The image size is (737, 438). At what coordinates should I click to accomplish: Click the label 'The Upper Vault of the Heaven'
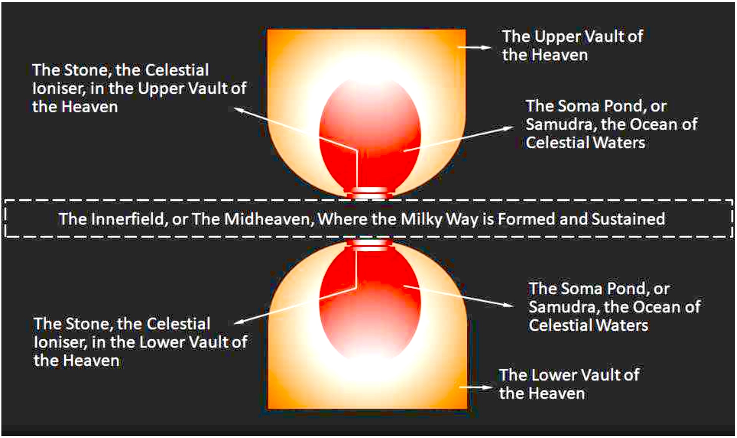[573, 46]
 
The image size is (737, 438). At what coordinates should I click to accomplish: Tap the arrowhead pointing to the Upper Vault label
[487, 47]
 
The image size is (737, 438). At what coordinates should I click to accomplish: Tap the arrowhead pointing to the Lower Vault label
[487, 387]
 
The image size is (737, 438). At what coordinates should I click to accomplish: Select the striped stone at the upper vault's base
[370, 193]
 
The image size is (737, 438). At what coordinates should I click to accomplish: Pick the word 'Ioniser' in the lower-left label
[60, 343]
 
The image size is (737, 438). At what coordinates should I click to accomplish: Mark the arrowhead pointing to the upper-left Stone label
[240, 109]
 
